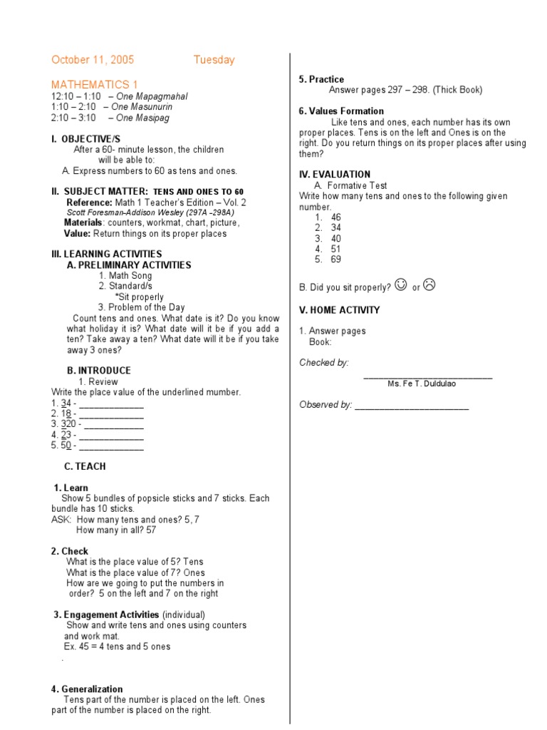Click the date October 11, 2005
pos(93,60)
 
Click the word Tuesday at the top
pos(214,60)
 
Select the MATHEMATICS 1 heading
pos(94,84)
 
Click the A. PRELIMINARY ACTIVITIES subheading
pos(129,265)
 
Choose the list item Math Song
pos(125,276)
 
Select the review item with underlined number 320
pos(64,424)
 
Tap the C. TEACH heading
pos(85,466)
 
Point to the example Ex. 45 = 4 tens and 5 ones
pos(117,647)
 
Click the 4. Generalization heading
pos(87,689)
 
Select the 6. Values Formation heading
pos(341,111)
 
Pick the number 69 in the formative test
pos(335,259)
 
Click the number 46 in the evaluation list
pos(335,217)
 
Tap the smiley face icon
pos(400,285)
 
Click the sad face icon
pos(429,285)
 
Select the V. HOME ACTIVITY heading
pos(340,310)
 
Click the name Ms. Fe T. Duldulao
pos(422,384)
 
